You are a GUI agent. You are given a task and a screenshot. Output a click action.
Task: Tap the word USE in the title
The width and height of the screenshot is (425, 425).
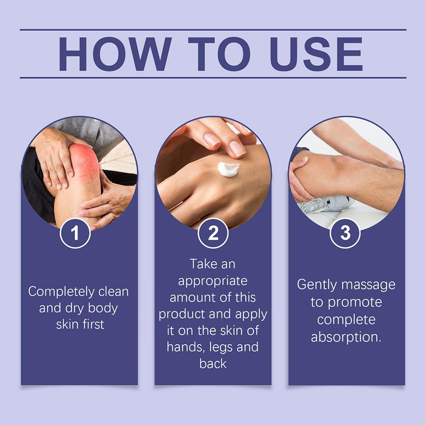316,54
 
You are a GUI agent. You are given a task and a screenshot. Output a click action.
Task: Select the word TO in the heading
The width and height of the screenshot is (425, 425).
219,54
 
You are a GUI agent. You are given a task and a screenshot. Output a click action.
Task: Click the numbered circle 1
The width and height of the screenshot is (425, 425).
75,233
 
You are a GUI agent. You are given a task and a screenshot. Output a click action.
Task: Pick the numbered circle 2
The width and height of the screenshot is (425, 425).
213,233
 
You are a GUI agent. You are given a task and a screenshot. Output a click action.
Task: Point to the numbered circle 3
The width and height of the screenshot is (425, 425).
345,233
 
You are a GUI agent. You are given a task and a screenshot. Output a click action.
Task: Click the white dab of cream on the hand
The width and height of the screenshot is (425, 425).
228,169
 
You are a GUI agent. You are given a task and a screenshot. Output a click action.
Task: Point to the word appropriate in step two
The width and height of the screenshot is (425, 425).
213,281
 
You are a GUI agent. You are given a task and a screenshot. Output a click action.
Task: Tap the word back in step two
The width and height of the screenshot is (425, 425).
213,364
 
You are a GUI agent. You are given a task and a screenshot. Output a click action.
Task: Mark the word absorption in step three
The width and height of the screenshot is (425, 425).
346,337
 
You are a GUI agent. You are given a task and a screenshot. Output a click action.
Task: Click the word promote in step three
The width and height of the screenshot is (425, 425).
355,302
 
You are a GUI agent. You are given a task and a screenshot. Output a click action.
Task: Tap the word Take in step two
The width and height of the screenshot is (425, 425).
201,264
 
